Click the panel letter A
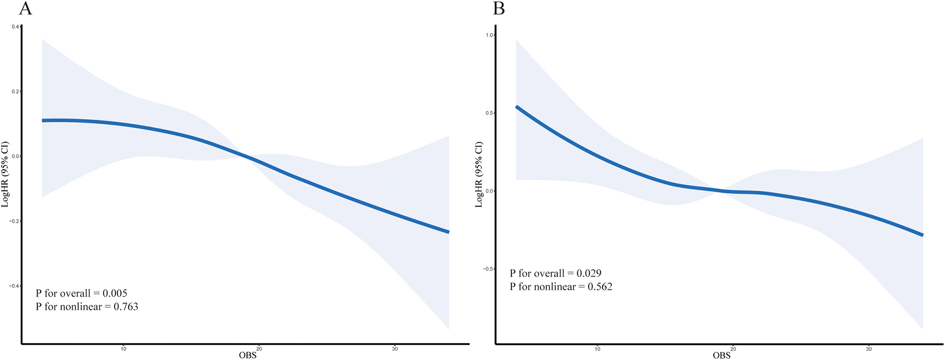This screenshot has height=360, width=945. point(25,8)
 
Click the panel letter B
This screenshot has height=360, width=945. point(499,8)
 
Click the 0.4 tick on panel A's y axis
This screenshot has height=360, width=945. point(16,27)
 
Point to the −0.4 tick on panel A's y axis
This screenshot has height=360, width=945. point(15,286)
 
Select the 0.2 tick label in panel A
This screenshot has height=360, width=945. point(16,91)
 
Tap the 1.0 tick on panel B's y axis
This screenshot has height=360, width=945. point(489,35)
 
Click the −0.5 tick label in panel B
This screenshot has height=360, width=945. point(488,269)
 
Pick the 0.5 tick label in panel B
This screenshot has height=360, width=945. point(489,113)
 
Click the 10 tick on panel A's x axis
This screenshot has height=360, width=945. point(123,349)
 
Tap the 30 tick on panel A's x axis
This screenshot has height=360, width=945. point(394,349)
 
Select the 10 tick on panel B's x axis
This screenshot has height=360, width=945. point(597,349)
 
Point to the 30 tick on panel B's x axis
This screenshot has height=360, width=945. point(868,349)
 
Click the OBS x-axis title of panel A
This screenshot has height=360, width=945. point(247,355)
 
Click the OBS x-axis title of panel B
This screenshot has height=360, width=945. point(721,355)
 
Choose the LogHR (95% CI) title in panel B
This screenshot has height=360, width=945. point(479,175)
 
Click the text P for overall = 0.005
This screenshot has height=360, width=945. point(81,293)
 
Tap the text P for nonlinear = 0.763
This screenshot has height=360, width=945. point(87,307)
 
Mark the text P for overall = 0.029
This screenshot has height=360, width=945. point(555,273)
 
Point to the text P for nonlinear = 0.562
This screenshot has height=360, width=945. point(561,287)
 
